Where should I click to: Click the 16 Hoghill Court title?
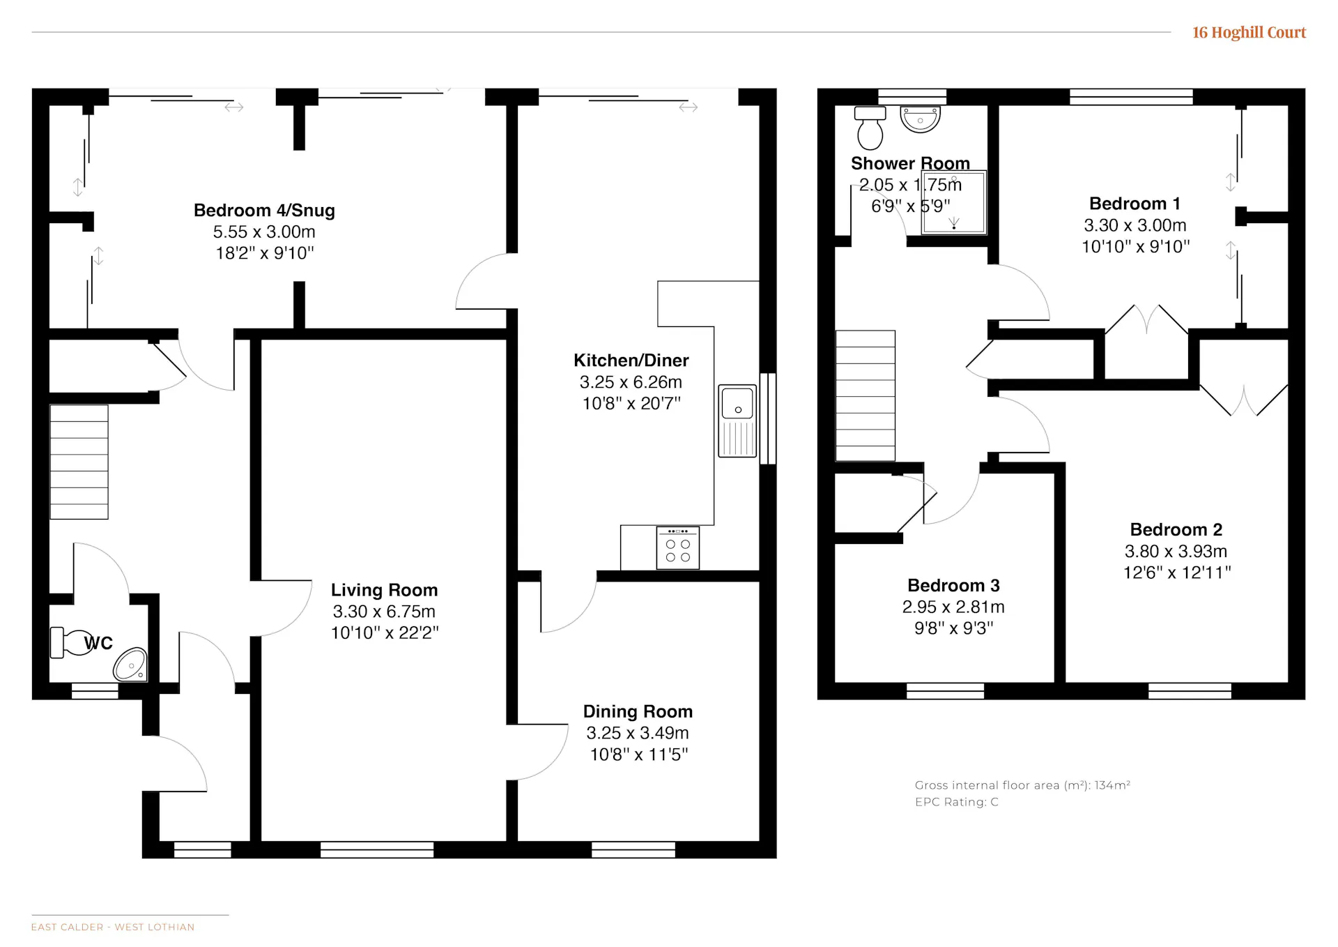pos(1249,33)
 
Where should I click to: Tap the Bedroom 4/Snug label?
pos(264,211)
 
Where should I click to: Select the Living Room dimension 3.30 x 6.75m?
pos(384,612)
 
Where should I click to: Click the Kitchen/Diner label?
pos(631,361)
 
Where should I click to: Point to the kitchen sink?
pos(737,421)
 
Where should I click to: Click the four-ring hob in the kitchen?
pos(677,548)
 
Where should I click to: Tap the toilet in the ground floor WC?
pos(68,642)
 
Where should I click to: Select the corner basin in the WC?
pos(131,665)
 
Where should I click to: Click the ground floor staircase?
pos(79,462)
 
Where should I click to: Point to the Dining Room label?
pos(638,711)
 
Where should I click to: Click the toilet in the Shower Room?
pos(870,128)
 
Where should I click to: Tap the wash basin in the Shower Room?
pos(920,119)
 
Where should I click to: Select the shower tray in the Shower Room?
pos(953,202)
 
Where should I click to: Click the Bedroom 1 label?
pos(1135,204)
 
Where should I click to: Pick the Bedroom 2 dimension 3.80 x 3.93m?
pos(1176,552)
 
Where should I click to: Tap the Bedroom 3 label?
pos(953,586)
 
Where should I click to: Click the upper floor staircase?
pos(866,395)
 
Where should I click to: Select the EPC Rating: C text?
pos(956,802)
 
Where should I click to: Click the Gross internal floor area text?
pos(1022,785)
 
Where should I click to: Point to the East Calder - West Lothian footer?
pos(113,927)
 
